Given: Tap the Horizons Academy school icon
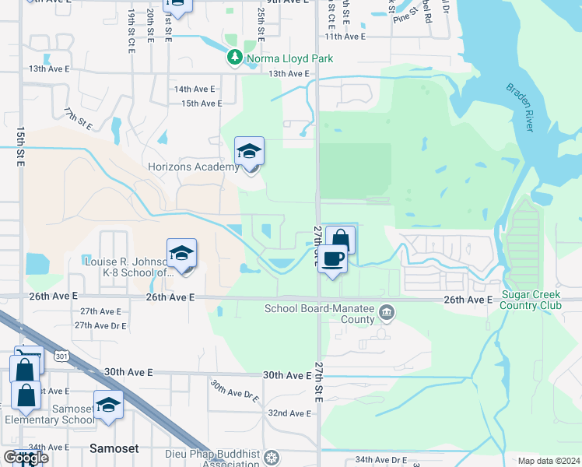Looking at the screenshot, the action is (249, 151).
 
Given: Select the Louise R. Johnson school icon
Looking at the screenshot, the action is (181, 253).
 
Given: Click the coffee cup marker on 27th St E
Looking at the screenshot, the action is (332, 259).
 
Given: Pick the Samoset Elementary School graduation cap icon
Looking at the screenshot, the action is (108, 406).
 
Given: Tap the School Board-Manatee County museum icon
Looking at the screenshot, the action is (387, 314).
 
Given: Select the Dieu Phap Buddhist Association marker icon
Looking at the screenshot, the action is (271, 456).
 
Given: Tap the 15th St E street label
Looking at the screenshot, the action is (20, 146).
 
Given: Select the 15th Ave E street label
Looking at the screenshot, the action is (202, 104).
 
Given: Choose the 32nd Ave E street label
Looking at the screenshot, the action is (289, 413).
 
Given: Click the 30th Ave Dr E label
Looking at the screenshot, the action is (235, 389).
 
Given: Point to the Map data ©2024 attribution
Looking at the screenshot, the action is (549, 461).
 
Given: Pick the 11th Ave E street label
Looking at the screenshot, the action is (345, 37).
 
